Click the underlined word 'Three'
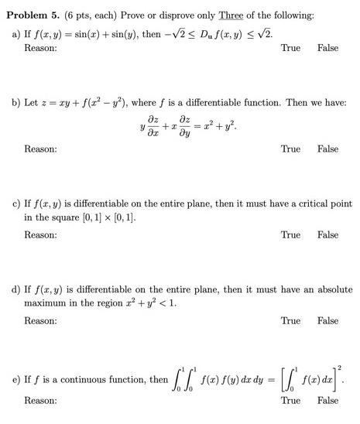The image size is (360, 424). coord(232,12)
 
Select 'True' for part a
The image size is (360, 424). coord(290,48)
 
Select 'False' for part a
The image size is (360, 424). coord(327,48)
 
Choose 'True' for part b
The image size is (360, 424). coord(290,149)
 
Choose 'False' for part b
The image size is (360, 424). coord(327,149)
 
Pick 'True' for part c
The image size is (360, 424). coord(290,234)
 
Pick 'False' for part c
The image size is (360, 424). coord(327,234)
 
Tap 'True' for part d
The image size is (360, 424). coord(290,320)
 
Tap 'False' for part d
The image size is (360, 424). coord(327,320)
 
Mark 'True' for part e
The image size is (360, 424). coord(290,401)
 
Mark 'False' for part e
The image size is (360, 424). coord(327,401)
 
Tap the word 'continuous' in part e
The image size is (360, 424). coord(85,380)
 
